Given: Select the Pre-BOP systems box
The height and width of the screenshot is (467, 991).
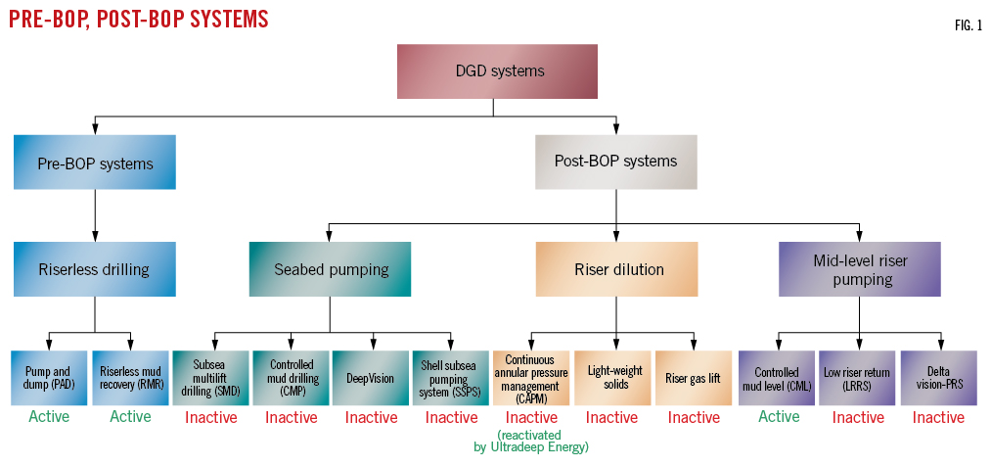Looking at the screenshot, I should click(95, 163).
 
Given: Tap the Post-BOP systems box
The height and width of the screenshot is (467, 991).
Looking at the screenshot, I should click(615, 162).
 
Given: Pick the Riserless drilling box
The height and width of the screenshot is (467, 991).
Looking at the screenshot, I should click(95, 269).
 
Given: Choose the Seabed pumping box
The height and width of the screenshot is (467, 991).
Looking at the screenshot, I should click(330, 269).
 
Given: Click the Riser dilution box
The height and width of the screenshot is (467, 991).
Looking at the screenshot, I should click(615, 269).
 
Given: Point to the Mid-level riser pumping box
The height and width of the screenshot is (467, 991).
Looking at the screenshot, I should click(860, 269).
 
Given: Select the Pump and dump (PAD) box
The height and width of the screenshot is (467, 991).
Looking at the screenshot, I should click(50, 378).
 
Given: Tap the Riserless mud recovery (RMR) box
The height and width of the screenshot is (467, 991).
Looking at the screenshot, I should click(130, 378).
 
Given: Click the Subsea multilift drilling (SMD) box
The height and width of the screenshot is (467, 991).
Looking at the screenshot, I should click(210, 378).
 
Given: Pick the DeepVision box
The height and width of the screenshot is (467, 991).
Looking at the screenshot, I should click(371, 378).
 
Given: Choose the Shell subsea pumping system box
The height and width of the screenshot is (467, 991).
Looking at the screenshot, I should click(451, 378).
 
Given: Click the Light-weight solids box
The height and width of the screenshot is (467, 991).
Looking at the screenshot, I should click(611, 378).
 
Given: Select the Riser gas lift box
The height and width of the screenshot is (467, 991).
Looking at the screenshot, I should click(693, 378).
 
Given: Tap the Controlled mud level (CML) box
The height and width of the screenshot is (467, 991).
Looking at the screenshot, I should click(777, 378).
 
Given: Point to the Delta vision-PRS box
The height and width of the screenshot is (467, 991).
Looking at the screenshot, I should click(938, 378).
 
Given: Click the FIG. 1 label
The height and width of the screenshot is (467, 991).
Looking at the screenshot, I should click(968, 25).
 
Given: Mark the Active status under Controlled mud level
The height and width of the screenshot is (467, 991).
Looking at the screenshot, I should click(779, 417).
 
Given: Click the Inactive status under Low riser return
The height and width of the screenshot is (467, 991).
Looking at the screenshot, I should click(858, 418).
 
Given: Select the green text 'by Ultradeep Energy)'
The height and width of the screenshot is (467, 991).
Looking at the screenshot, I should click(531, 447).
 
